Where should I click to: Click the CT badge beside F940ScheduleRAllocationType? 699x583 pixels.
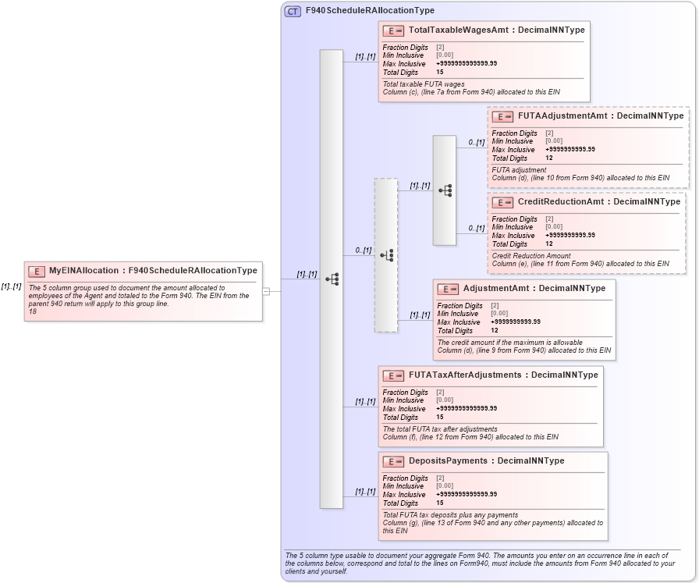coord(293,11)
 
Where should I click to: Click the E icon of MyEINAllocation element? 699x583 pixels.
coord(37,271)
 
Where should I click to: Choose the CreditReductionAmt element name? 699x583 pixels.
coord(561,201)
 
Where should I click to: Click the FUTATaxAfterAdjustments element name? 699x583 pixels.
coord(465,375)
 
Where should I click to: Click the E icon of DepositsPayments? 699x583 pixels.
coord(393,461)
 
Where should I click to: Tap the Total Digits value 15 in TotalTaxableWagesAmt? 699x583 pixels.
coord(440,73)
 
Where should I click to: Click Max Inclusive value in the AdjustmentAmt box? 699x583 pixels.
coord(515,322)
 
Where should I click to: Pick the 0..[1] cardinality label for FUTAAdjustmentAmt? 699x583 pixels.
coord(476,143)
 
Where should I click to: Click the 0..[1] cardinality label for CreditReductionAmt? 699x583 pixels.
coord(476,228)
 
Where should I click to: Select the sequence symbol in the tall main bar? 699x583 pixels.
coord(332,279)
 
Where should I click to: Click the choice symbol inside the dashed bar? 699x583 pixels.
coord(386,255)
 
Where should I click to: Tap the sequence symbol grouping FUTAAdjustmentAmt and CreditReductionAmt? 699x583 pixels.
coord(445,190)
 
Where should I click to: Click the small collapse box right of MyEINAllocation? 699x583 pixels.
coord(266,291)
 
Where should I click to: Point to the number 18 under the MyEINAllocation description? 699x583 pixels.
coord(33,311)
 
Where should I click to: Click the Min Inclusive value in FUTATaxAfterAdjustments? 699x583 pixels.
coord(444,400)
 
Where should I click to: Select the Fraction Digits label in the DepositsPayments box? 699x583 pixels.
coord(405,478)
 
